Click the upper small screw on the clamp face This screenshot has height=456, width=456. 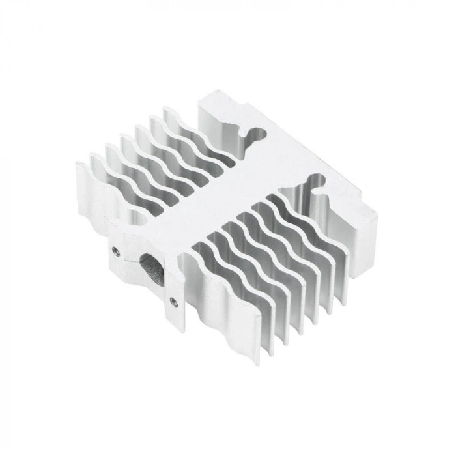click(x=115, y=249)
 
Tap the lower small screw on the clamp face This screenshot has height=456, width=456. click(x=173, y=300)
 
